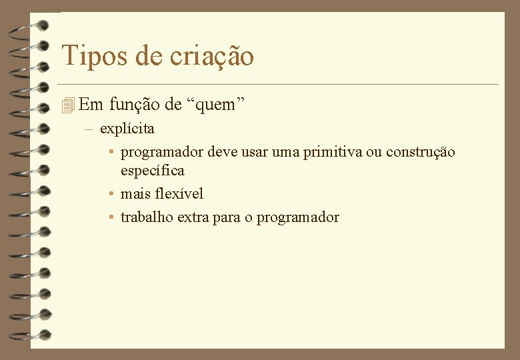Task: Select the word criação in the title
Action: [211, 56]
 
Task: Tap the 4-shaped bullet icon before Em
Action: [65, 105]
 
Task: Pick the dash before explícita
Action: [88, 128]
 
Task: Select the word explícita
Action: [127, 128]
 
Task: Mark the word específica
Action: [152, 171]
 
